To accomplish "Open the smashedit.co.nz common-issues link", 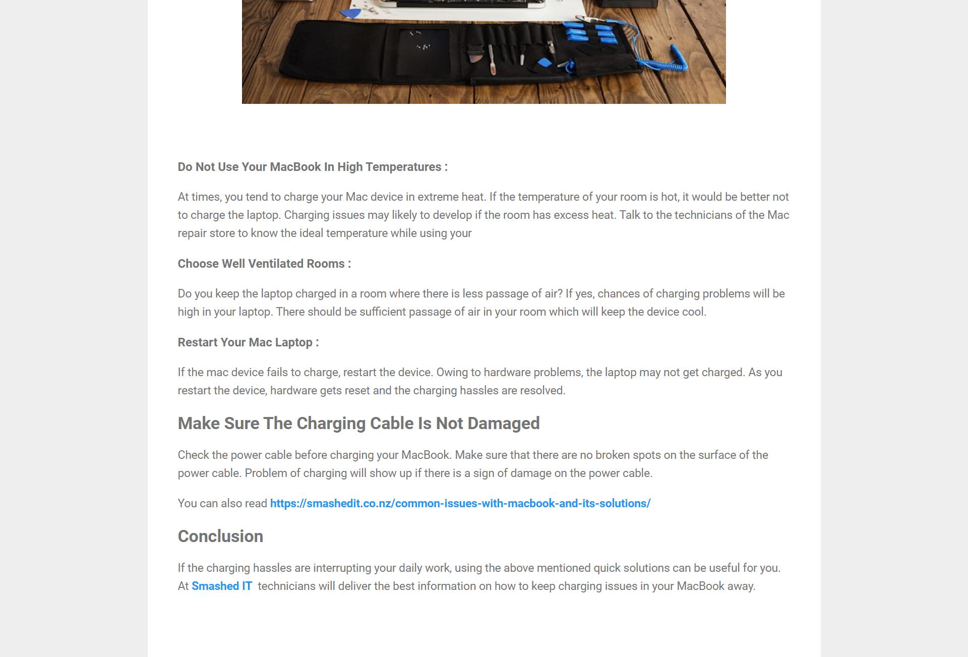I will tap(460, 503).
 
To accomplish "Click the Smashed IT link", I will tap(222, 586).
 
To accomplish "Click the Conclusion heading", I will tap(220, 536).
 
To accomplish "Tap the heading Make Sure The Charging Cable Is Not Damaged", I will tap(358, 423).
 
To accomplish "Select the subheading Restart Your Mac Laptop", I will tap(248, 342).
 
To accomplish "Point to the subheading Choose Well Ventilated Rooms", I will tap(264, 264).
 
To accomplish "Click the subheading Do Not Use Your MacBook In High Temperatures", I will tap(313, 167).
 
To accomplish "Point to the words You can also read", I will tap(222, 503).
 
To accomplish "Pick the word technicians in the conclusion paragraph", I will tap(286, 586).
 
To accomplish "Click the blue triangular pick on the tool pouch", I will tap(543, 63).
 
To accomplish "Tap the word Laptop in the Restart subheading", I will tap(293, 342).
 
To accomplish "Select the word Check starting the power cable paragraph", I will tap(193, 455).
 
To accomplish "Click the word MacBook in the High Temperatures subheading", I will tap(295, 167).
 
